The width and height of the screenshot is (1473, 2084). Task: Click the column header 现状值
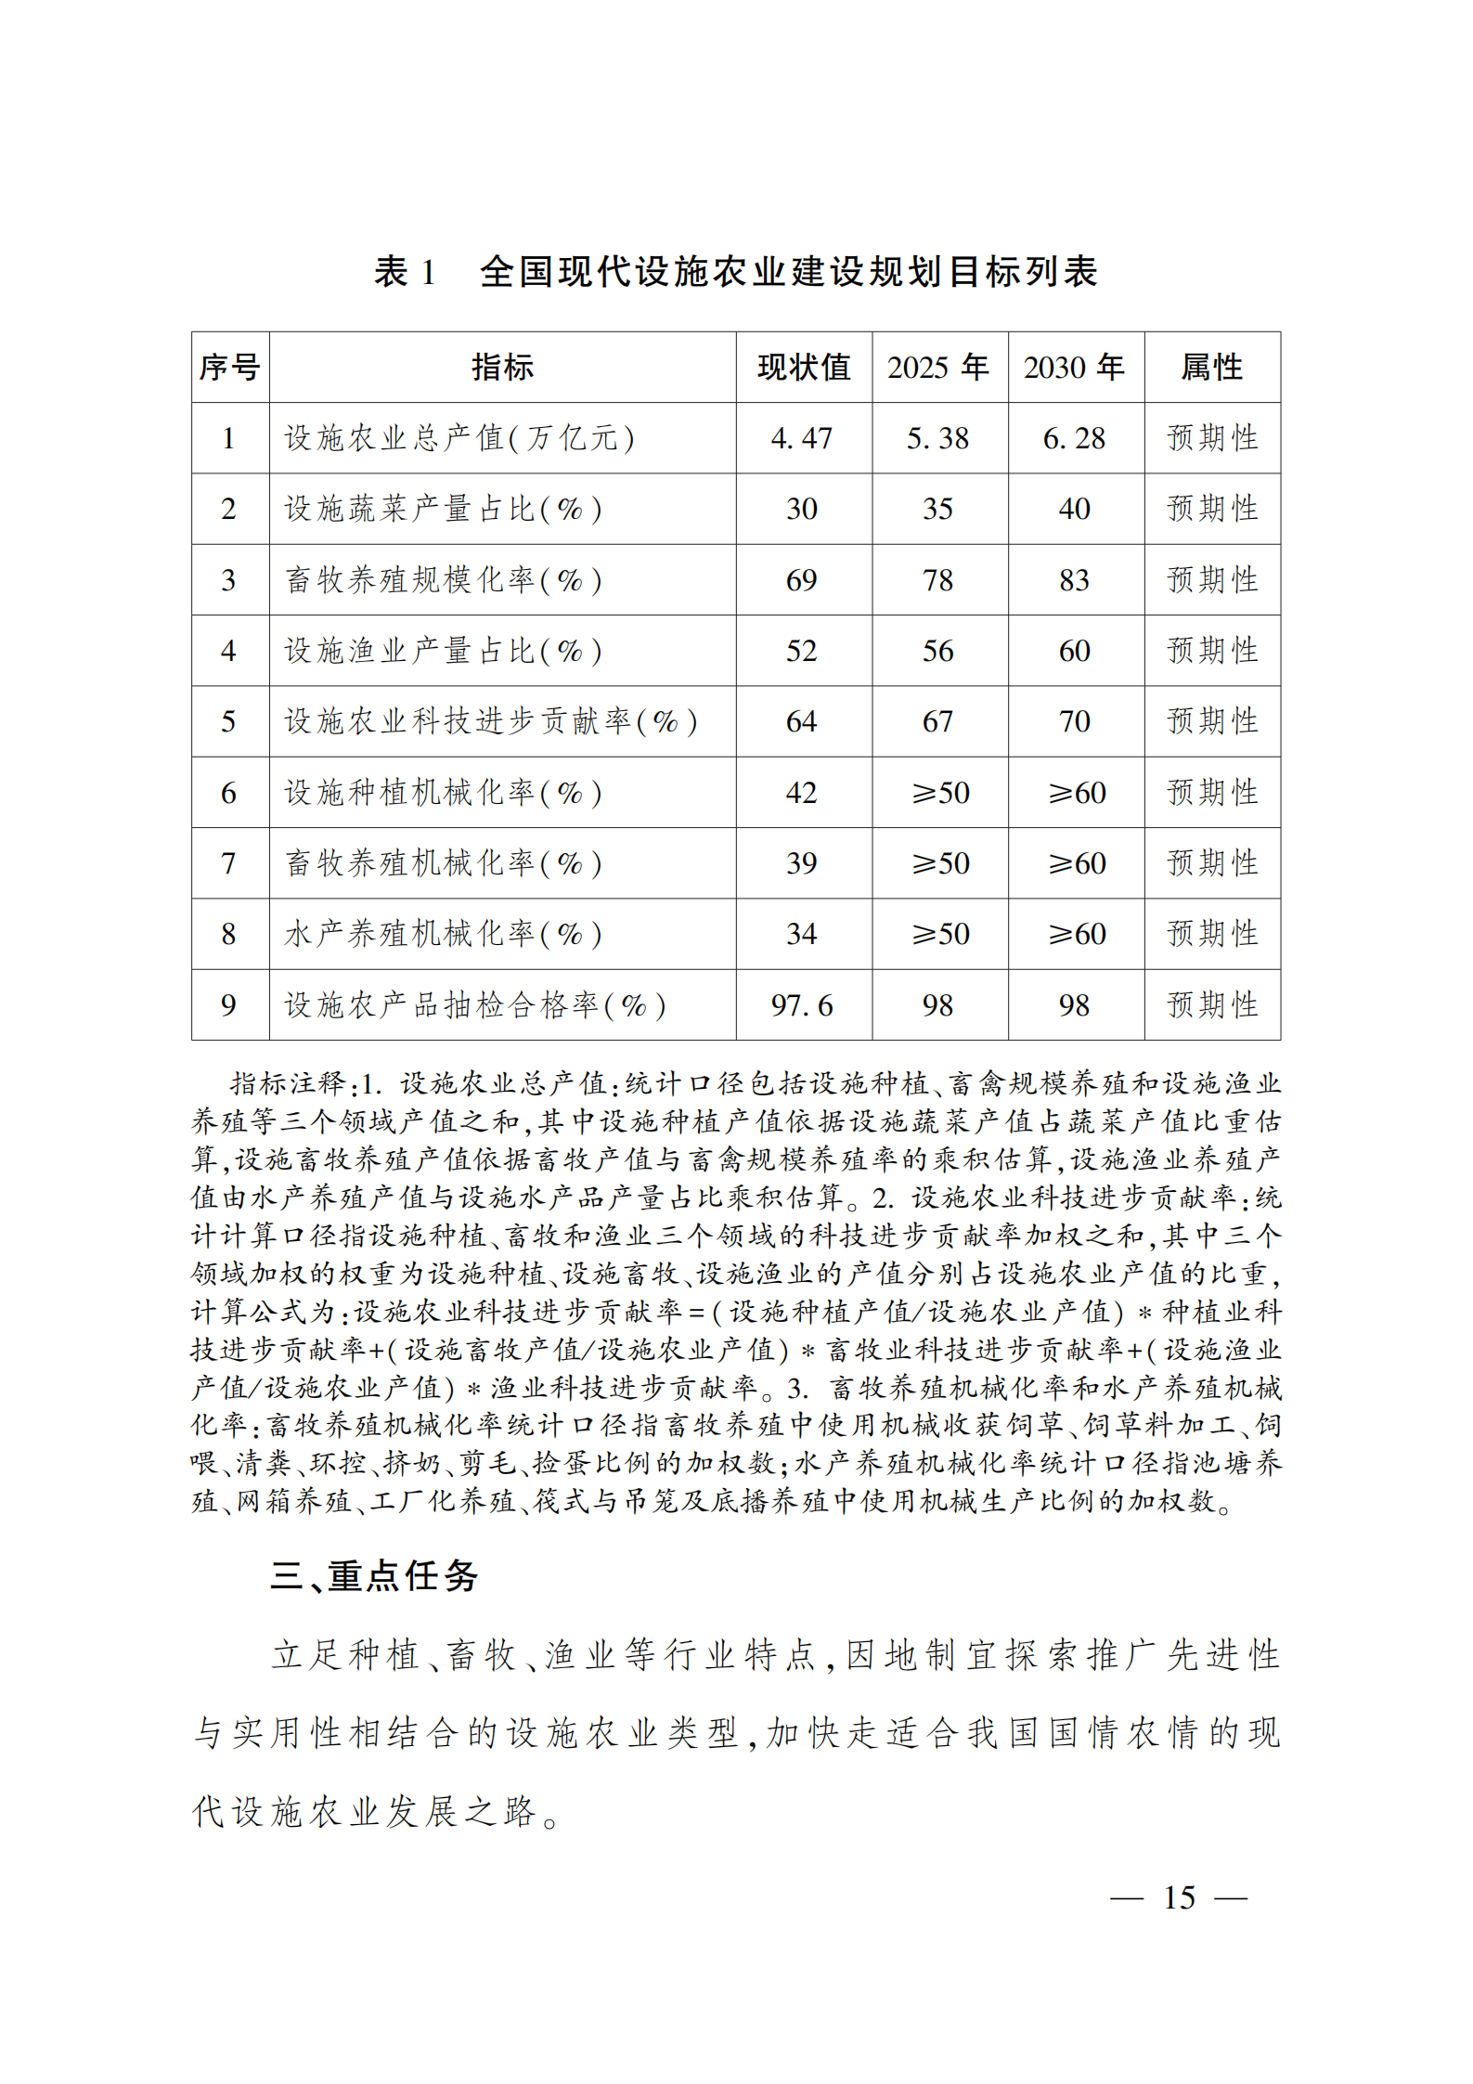pos(803,367)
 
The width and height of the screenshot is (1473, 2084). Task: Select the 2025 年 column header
pos(938,367)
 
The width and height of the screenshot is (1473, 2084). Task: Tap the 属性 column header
pos(1211,367)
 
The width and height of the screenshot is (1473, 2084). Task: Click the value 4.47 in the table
pos(802,438)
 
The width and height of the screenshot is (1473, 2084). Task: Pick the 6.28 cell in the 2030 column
pos(1075,438)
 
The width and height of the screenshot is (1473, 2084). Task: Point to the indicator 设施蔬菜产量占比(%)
pos(443,509)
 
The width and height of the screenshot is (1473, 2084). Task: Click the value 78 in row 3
pos(938,580)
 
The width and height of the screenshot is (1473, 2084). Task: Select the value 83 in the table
pos(1075,580)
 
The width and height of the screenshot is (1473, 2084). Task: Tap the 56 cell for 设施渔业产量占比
pos(938,651)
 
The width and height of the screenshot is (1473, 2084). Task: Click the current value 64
pos(802,721)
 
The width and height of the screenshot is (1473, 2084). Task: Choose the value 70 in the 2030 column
pos(1075,721)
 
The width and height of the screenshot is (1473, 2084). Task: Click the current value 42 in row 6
pos(802,793)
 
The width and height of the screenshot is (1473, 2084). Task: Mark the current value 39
pos(802,863)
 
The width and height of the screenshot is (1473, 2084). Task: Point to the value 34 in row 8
pos(802,934)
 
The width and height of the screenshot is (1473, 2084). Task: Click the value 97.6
pos(802,1005)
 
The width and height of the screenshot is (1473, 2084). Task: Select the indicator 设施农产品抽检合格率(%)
pos(475,1005)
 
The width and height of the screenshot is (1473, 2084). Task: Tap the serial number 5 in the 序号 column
pos(229,721)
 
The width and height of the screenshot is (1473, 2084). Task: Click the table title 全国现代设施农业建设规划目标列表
pos(788,271)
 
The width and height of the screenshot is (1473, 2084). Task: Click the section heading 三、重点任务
pos(374,1576)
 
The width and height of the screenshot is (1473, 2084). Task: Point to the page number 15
pos(1179,1897)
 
